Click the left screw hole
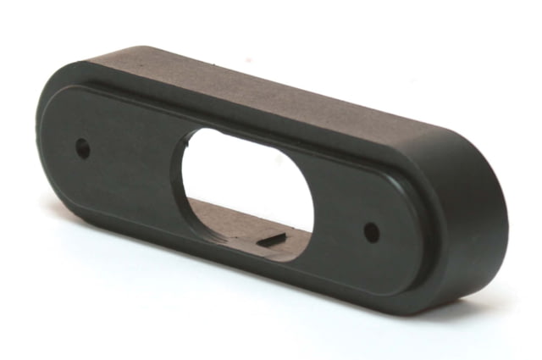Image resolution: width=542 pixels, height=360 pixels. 82,147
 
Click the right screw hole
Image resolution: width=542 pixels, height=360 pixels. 370,231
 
